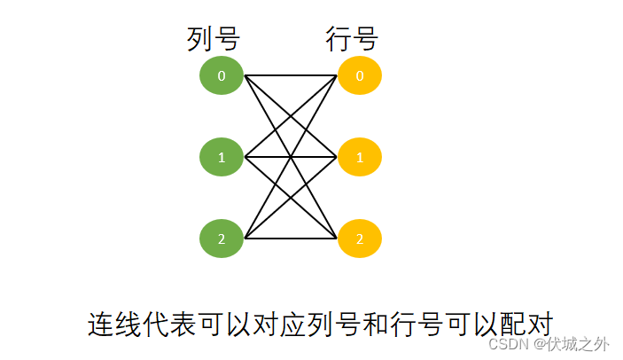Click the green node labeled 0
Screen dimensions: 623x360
(x=222, y=76)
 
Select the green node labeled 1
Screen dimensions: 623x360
(x=222, y=158)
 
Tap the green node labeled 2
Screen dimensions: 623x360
(x=222, y=239)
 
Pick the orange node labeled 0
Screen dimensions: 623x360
(x=359, y=76)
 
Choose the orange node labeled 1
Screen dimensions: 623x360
(x=359, y=158)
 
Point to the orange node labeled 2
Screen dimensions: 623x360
(x=359, y=239)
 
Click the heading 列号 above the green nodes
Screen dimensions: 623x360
(x=214, y=38)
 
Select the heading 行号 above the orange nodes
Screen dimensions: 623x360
(x=351, y=38)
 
